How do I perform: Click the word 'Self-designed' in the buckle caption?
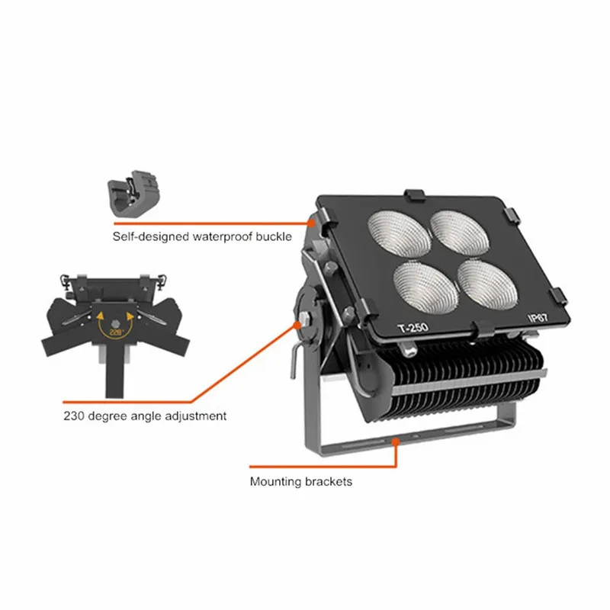click(148, 236)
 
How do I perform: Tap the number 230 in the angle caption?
click(74, 416)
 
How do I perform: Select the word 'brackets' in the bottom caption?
click(327, 482)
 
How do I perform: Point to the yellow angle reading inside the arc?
click(116, 332)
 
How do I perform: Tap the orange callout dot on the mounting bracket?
click(395, 441)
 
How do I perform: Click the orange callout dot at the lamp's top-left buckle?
click(312, 223)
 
